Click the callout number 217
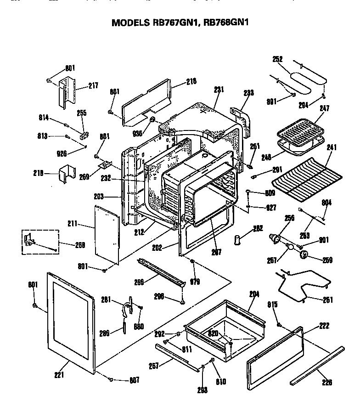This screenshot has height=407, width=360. pyautogui.click(x=93, y=85)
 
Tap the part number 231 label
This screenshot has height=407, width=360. pyautogui.click(x=218, y=89)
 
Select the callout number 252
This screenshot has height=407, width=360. pyautogui.click(x=277, y=59)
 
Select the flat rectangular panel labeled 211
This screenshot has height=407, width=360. pyautogui.click(x=107, y=234)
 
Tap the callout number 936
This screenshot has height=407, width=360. pyautogui.click(x=137, y=133)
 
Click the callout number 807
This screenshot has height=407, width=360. pyautogui.click(x=134, y=380)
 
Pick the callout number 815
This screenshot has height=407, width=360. pyautogui.click(x=272, y=304)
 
